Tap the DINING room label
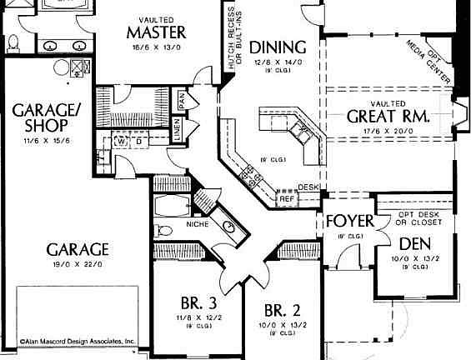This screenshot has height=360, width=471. (278, 47)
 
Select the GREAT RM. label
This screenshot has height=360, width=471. (388, 117)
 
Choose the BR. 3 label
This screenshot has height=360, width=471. (198, 302)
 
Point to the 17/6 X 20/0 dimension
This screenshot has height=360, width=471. (388, 132)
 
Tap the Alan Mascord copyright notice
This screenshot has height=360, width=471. (78, 342)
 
